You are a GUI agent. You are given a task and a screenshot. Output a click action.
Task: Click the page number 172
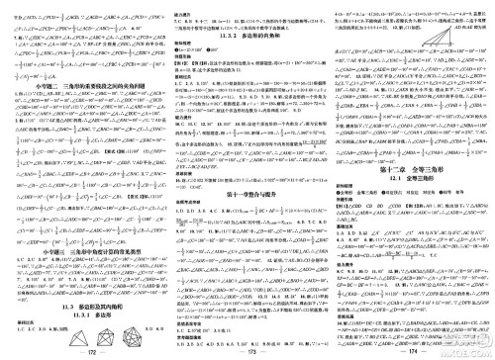coord(82,353)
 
